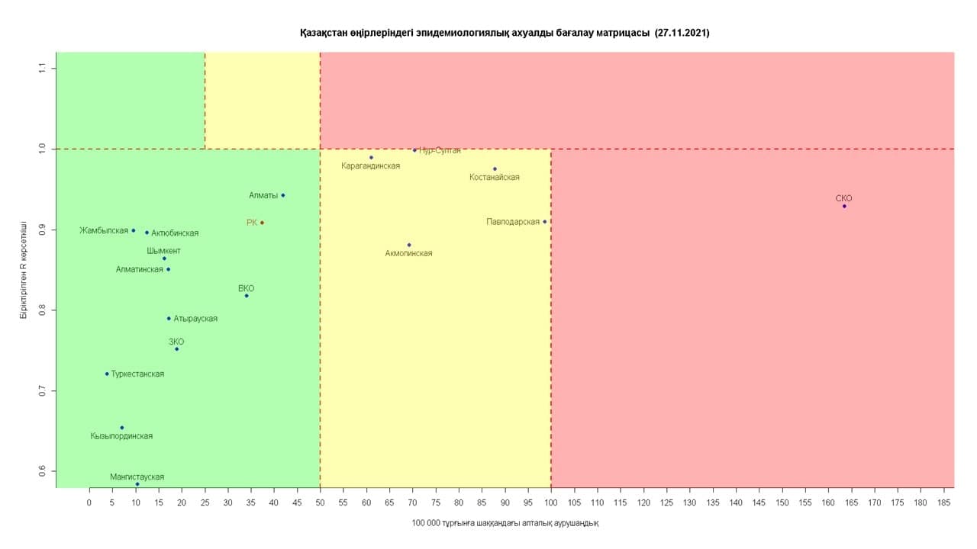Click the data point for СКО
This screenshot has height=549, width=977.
(x=844, y=206)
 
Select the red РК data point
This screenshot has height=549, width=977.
(x=262, y=223)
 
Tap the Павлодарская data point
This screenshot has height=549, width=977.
(x=544, y=222)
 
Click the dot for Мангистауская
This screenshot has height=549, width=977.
(x=137, y=484)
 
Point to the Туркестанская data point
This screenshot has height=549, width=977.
(x=107, y=374)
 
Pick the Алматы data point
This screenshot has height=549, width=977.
(x=283, y=195)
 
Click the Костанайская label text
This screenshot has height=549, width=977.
(x=495, y=178)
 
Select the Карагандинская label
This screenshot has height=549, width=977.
(x=370, y=165)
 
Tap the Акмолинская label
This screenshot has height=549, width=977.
(x=408, y=253)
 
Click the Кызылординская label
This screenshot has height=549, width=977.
(x=121, y=436)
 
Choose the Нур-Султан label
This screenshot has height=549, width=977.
(x=440, y=150)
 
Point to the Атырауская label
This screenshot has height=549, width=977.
(x=195, y=319)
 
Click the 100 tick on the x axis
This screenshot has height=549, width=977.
(x=551, y=502)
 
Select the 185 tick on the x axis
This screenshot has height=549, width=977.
(x=944, y=502)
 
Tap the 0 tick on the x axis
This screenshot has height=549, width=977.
(x=89, y=502)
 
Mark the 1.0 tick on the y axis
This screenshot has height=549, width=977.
(x=42, y=149)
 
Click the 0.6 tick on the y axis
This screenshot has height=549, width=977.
(x=42, y=471)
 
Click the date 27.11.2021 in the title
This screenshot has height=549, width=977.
(x=682, y=34)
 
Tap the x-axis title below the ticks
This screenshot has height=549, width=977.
(x=505, y=523)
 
